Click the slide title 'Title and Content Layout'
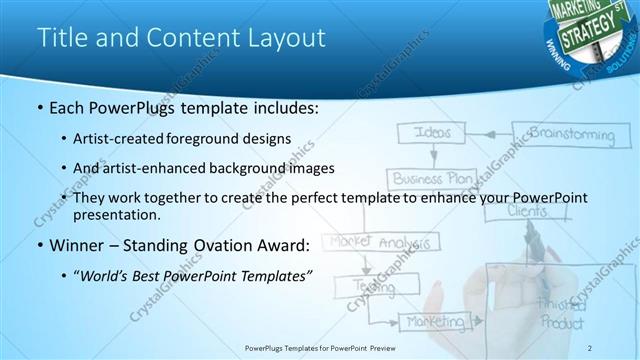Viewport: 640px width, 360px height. pos(181,38)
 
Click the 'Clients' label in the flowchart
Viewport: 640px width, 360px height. pos(527,212)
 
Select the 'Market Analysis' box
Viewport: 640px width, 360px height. pos(383,242)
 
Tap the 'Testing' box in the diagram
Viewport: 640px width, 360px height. pos(391,285)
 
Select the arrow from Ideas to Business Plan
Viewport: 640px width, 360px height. pos(432,156)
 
